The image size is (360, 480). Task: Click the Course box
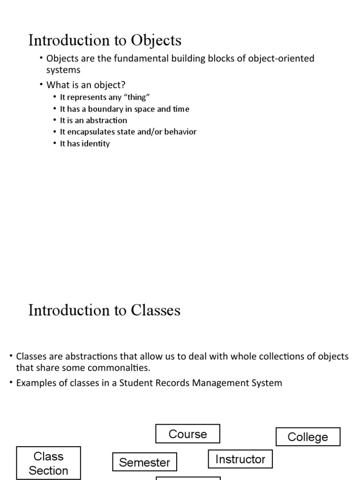(187, 434)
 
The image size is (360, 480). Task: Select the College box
(307, 437)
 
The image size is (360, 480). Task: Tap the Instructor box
(240, 459)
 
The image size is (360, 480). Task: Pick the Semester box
(144, 462)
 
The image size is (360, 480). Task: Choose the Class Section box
(48, 463)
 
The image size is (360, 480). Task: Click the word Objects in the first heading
(156, 40)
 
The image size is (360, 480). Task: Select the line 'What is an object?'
(86, 85)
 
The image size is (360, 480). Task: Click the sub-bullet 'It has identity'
(85, 143)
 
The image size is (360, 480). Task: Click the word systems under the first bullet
(63, 70)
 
